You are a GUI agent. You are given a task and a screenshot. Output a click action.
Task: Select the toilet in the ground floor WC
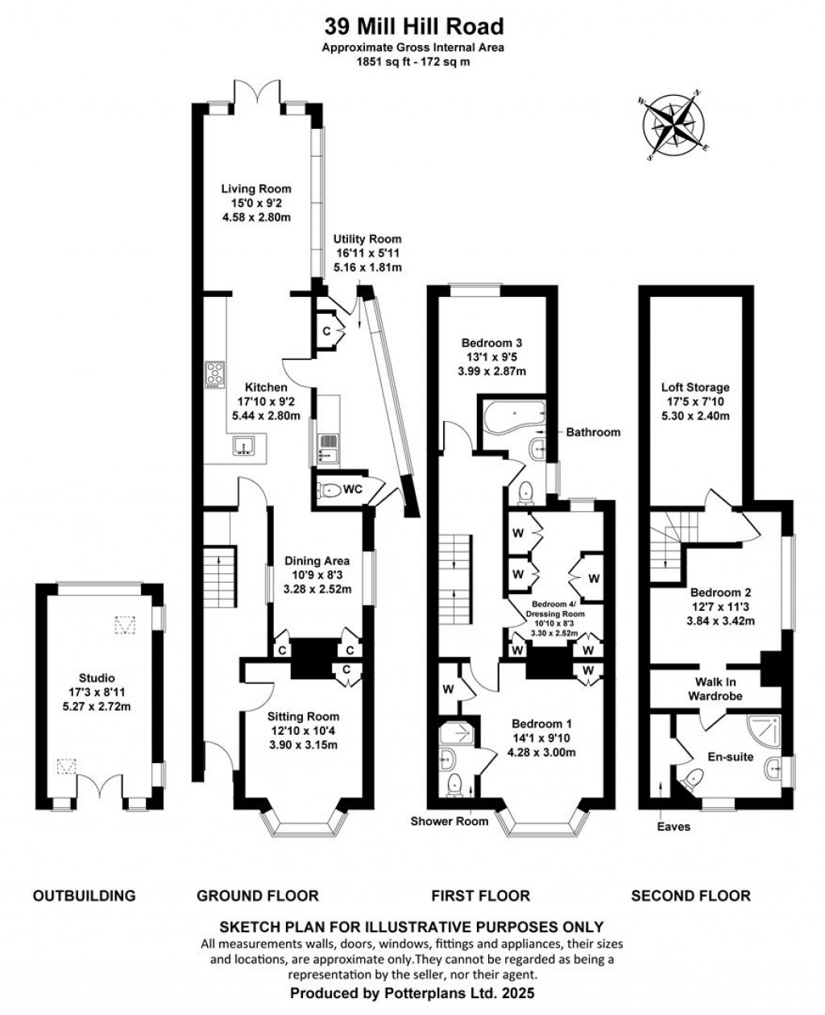[x=329, y=489]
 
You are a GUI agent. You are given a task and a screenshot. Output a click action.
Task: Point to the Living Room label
[x=256, y=188]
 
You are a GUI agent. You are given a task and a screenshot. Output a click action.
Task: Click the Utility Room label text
[x=367, y=239]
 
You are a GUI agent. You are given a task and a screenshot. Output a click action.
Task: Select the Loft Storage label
[x=695, y=387]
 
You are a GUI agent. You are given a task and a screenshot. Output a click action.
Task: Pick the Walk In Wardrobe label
[x=715, y=688]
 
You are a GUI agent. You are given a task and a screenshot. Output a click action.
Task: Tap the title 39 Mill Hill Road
[x=414, y=27]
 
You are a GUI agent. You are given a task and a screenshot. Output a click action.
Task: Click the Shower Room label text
[x=450, y=821]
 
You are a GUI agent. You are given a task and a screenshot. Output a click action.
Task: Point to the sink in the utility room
[x=327, y=448]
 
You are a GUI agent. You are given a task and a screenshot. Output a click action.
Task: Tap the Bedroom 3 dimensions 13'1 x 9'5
[x=491, y=357]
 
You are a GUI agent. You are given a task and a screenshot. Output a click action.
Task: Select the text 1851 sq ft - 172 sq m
[x=413, y=62]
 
